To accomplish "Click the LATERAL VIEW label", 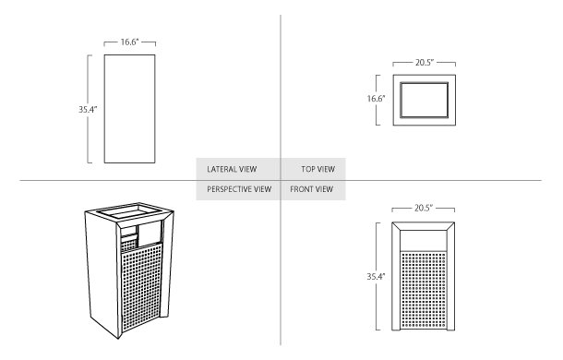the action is [231, 169].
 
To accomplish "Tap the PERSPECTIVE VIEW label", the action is [239, 190].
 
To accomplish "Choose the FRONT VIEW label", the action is [312, 190].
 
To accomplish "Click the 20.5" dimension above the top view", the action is [425, 62].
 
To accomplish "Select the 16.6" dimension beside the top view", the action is [376, 97].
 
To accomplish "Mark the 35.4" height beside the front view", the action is [376, 275].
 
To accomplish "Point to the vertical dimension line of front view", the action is [376, 305].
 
